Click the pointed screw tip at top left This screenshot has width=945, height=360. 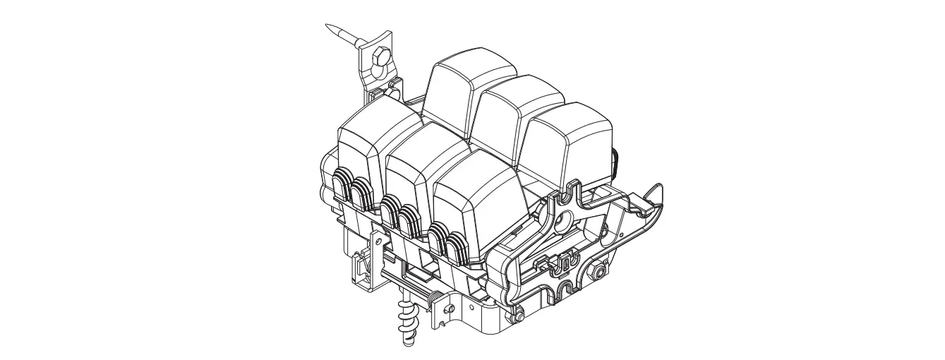(x=330, y=28)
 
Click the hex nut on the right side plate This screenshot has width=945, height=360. (x=601, y=270)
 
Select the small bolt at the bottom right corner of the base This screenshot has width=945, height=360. (x=518, y=316)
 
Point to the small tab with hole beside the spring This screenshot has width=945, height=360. (x=447, y=309)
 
